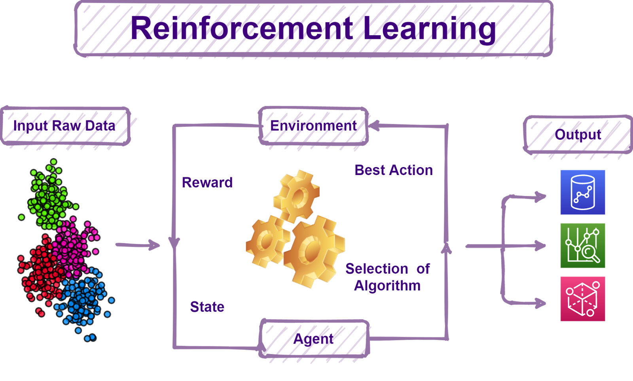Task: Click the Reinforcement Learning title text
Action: click(313, 29)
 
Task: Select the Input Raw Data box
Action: click(65, 126)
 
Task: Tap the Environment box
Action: click(313, 126)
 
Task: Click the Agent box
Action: click(314, 339)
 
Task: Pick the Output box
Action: click(578, 135)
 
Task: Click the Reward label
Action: click(207, 183)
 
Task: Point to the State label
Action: click(207, 307)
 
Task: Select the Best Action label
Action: click(394, 170)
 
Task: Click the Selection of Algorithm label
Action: click(387, 277)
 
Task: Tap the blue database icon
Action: click(582, 192)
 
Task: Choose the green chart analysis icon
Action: click(582, 246)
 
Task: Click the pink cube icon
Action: click(582, 299)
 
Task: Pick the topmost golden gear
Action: click(297, 195)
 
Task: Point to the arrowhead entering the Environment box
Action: click(374, 126)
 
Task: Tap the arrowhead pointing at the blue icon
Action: click(540, 196)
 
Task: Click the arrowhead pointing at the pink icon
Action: click(540, 303)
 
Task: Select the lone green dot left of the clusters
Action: click(21, 217)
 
